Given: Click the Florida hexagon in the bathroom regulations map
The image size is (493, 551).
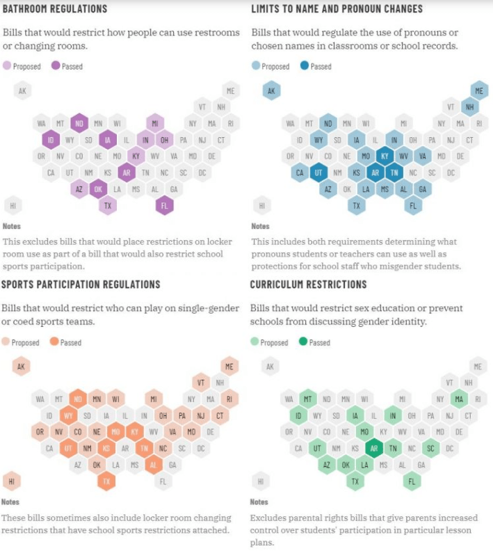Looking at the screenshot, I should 165,205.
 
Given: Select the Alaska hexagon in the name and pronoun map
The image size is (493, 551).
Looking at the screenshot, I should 271,90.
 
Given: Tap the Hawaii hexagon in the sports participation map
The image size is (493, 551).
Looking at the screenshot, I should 12,481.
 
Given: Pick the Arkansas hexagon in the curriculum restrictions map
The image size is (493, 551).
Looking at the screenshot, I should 375,448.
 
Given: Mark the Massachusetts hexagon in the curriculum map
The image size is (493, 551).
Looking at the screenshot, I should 458,399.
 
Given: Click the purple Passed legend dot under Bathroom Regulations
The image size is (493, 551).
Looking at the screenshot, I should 56,66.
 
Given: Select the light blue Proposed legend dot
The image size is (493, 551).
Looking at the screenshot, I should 255,66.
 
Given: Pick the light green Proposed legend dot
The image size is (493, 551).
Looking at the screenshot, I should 254,342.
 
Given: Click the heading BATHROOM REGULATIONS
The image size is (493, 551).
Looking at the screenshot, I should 55,9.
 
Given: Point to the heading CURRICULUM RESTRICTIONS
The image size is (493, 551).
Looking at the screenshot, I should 308,285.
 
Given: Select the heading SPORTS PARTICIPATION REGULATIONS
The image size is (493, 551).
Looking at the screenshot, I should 81,285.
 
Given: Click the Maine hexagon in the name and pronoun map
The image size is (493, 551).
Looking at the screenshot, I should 478,90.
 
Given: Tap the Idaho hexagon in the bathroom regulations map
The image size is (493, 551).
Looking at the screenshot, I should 50,140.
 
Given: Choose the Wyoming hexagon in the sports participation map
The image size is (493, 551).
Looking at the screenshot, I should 69,416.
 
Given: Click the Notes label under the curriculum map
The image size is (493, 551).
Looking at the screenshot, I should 259,502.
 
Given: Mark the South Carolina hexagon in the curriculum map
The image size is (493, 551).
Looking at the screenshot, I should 431,448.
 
